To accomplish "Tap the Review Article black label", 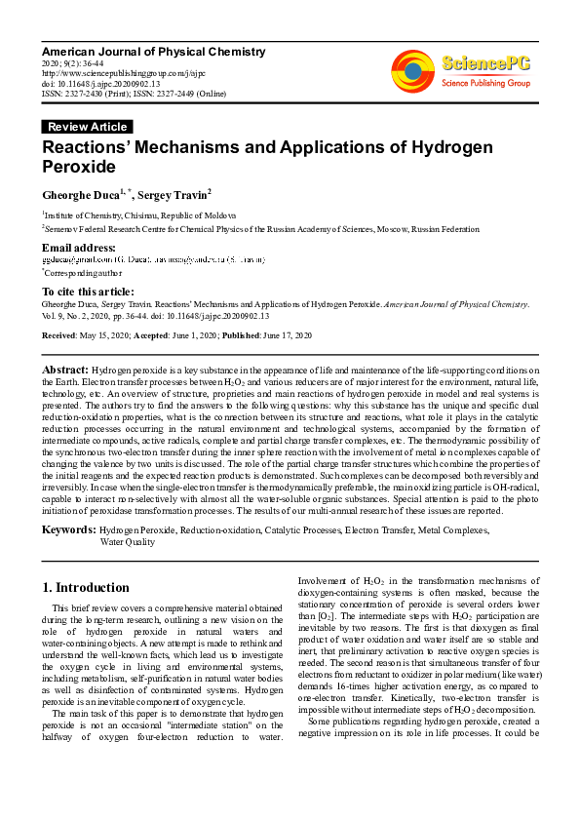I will coord(87,127).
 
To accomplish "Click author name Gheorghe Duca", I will coord(80,196).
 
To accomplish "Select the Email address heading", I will coord(80,248).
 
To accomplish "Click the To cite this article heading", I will coord(88,291).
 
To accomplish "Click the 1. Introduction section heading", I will coord(87,587).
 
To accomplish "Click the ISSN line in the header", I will coord(133,94).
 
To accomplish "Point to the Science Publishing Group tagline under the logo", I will coord(483,84).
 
